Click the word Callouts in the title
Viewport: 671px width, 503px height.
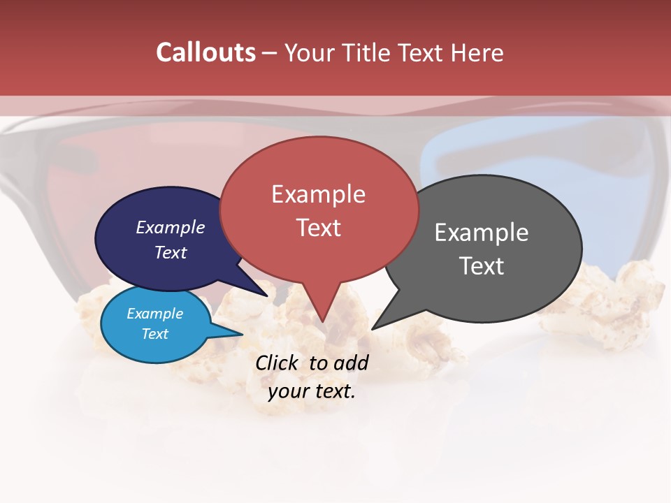(205, 52)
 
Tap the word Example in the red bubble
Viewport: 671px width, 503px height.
(318, 194)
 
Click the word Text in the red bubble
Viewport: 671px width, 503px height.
(318, 227)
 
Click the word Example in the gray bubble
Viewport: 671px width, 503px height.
(482, 233)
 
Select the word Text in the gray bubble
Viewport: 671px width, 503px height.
(482, 266)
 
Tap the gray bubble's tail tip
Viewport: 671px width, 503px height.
(373, 329)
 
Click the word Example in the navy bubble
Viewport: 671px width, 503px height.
(171, 227)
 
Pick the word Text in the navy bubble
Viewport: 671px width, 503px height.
(171, 252)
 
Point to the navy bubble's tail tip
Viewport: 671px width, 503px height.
(268, 296)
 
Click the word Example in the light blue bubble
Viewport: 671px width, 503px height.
(154, 314)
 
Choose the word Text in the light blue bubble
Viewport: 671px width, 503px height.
(154, 334)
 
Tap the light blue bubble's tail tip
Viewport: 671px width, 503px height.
(243, 334)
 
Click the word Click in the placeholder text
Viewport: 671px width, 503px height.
(278, 363)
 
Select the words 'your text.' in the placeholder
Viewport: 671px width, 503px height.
(312, 391)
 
